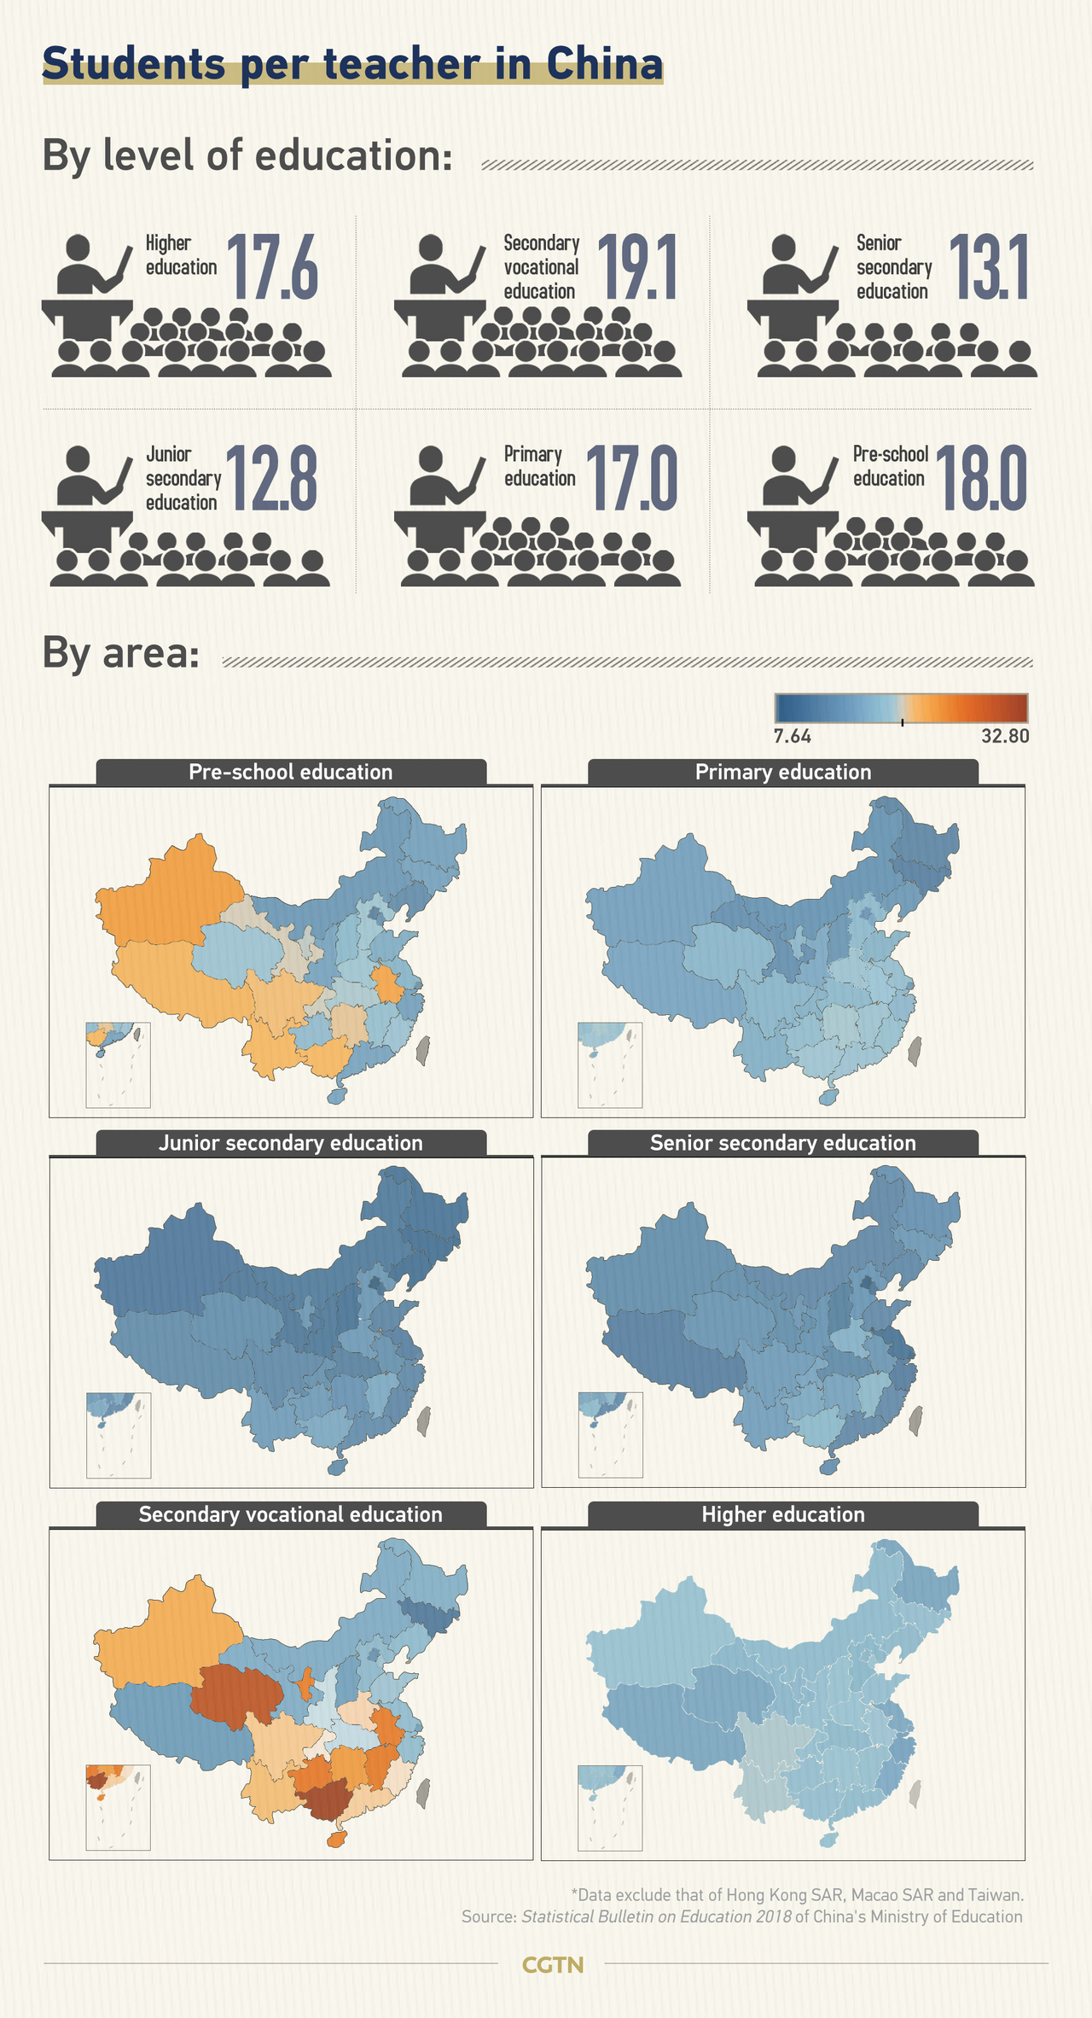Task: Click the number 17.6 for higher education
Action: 272,268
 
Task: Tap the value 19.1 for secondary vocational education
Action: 636,268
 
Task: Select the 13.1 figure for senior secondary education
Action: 989,268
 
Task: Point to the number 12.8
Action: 271,479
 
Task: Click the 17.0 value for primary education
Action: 631,479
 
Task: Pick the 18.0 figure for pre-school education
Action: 981,479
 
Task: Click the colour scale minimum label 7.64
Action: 792,736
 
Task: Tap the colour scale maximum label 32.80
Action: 1005,736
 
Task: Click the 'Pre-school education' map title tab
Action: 291,772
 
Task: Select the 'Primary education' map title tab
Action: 783,772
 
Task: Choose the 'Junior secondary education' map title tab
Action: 291,1143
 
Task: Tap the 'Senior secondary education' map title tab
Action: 783,1143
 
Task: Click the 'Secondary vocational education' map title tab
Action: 291,1514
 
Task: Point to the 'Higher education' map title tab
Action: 783,1514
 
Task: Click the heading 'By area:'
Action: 120,654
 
